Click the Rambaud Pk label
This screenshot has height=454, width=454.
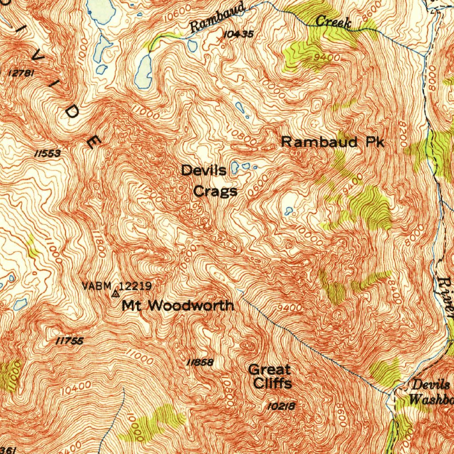333,142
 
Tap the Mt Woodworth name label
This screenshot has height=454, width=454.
178,305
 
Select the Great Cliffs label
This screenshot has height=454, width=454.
270,376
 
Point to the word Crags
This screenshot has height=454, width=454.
215,192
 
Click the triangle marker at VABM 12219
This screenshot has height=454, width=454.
116,294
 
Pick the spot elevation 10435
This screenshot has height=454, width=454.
239,34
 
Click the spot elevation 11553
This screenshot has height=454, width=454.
47,153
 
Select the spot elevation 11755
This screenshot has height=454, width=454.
70,341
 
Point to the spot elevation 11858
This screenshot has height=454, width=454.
200,363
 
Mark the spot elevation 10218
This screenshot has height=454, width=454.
282,405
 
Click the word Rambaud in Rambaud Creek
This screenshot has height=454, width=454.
218,18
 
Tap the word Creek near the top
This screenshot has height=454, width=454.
333,22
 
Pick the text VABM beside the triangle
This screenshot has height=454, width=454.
96,286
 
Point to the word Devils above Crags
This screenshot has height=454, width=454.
204,170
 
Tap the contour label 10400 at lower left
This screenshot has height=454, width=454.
77,388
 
